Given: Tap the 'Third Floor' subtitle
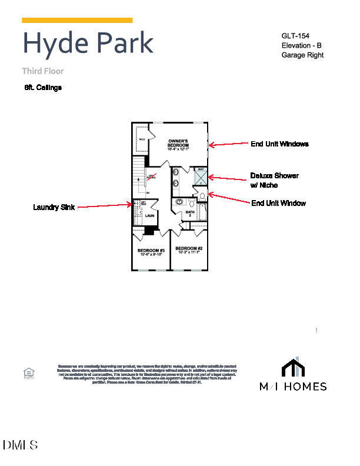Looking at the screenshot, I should [43, 71].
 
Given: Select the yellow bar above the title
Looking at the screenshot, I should [77, 20].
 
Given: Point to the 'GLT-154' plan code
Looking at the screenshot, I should [295, 36].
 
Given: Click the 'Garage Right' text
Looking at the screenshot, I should [302, 55].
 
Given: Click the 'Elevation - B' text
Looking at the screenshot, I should [301, 45].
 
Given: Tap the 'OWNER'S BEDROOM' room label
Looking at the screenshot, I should [178, 144].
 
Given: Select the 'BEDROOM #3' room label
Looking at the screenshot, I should [151, 251].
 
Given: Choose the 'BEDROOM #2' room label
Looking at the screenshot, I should [189, 249].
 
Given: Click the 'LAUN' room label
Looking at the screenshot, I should [149, 216].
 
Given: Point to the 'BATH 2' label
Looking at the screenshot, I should [190, 214].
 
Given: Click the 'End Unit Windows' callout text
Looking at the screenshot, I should [279, 144].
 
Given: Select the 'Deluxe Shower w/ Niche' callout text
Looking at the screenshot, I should [274, 180].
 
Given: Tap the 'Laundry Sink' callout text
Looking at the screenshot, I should [54, 207].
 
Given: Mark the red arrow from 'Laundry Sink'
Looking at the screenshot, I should [105, 206].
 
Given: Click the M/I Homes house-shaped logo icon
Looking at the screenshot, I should [294, 367].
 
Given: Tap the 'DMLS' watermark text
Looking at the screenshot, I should [21, 445].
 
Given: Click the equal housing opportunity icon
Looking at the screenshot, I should [28, 372].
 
